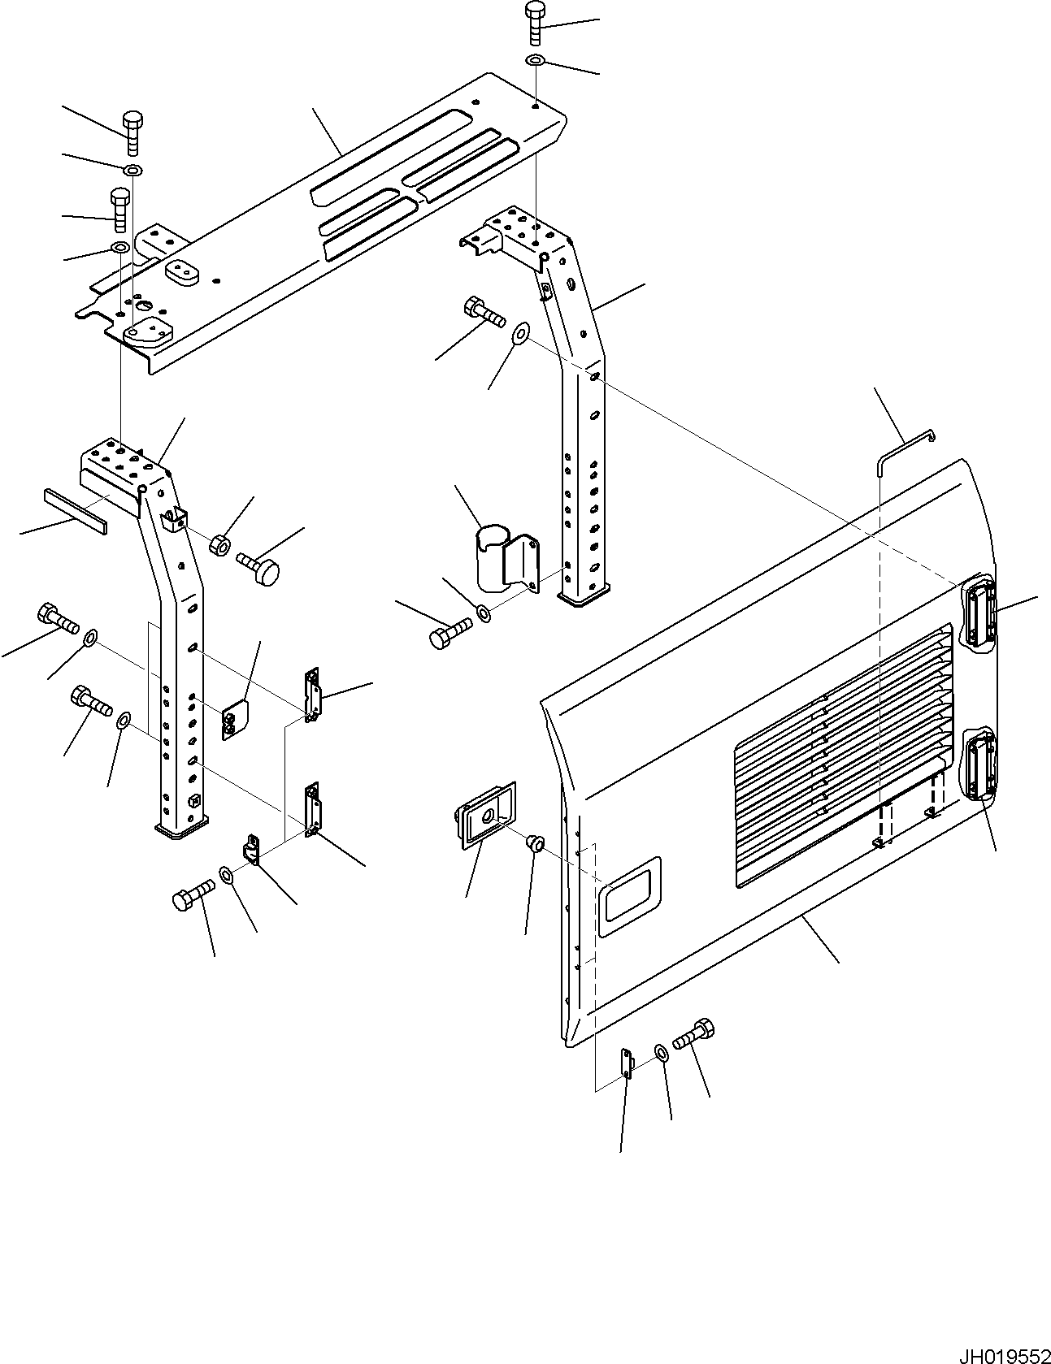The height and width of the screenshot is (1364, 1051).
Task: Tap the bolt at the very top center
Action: tap(536, 22)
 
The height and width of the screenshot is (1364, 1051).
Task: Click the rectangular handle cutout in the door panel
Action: tap(630, 894)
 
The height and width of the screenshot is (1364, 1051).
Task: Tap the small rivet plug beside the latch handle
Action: tap(535, 842)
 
